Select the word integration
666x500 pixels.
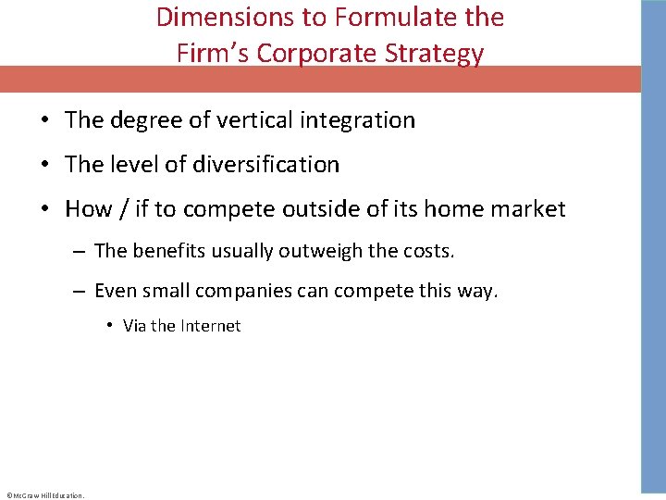[359, 120]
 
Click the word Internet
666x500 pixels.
[210, 326]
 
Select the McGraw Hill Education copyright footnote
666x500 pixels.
[45, 495]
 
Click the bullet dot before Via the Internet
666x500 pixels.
[109, 326]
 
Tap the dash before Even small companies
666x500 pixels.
[80, 292]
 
